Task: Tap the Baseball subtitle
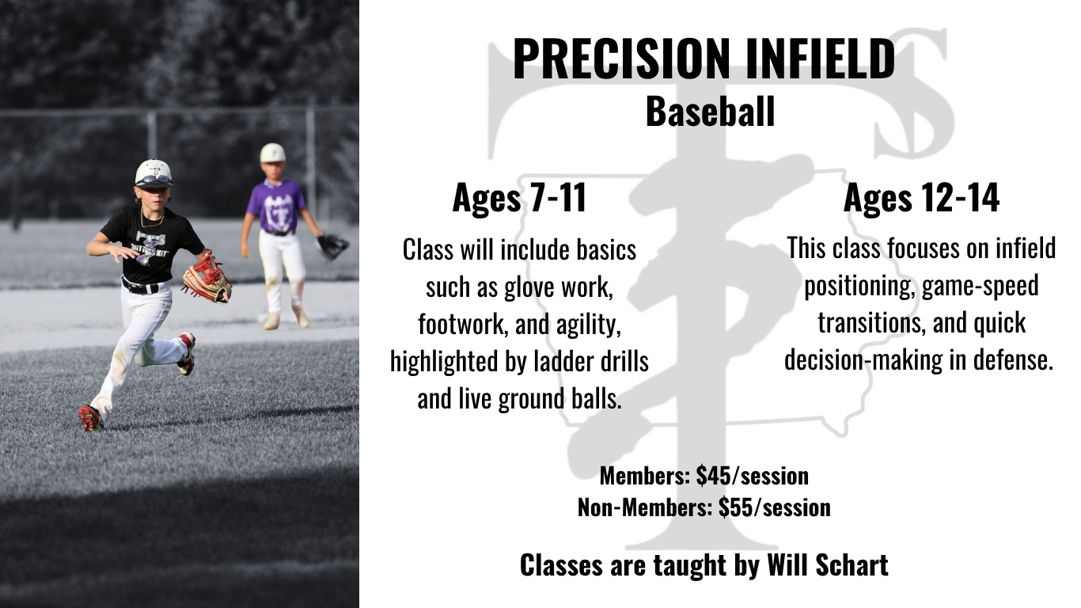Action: tap(711, 112)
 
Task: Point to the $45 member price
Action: tap(713, 476)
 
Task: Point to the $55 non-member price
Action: tap(736, 507)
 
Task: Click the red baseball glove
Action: tap(207, 279)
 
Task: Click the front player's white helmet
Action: tap(154, 173)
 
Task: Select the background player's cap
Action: tap(273, 153)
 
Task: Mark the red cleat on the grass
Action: tap(91, 418)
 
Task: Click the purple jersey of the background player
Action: tap(276, 206)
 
